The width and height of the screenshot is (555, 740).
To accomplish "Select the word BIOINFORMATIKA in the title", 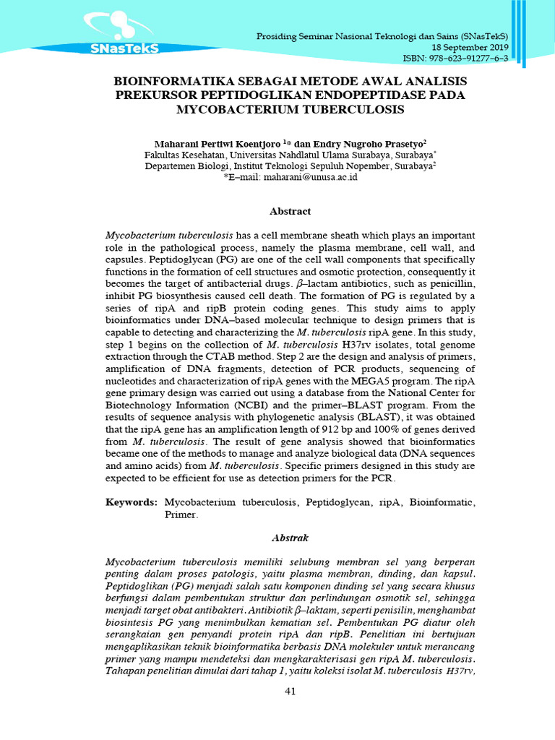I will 169,81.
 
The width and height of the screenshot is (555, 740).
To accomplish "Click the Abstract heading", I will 290,212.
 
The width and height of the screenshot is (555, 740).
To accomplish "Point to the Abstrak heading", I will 290,538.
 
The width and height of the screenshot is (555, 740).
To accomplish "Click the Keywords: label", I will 132,502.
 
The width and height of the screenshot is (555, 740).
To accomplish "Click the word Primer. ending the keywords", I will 181,515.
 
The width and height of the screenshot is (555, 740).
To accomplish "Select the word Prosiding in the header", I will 278,36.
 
